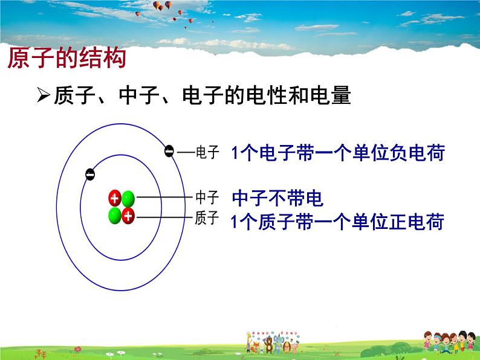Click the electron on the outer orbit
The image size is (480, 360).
170,151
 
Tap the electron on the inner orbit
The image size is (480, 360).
90,174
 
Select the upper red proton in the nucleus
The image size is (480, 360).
114,198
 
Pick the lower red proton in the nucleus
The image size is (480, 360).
128,216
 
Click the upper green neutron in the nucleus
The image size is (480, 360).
128,198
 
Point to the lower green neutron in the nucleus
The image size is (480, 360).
114,216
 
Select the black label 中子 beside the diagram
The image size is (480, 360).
207,198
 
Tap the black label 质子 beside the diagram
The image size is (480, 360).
207,218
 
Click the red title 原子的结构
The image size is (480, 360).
66,59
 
